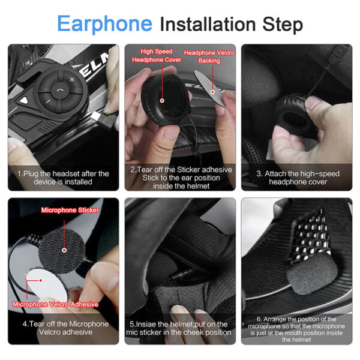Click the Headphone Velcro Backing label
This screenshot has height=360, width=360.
(209, 57)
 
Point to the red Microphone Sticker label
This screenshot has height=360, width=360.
(69, 211)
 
